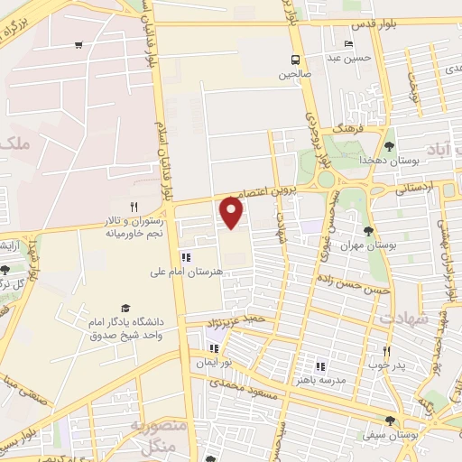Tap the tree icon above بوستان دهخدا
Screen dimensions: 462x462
click(x=389, y=145)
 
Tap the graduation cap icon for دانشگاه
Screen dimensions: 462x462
click(x=125, y=309)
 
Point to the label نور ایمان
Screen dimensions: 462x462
click(x=214, y=363)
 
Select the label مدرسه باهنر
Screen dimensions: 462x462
click(x=320, y=380)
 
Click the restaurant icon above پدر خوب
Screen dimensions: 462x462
click(x=385, y=352)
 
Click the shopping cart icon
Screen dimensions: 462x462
click(x=79, y=45)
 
